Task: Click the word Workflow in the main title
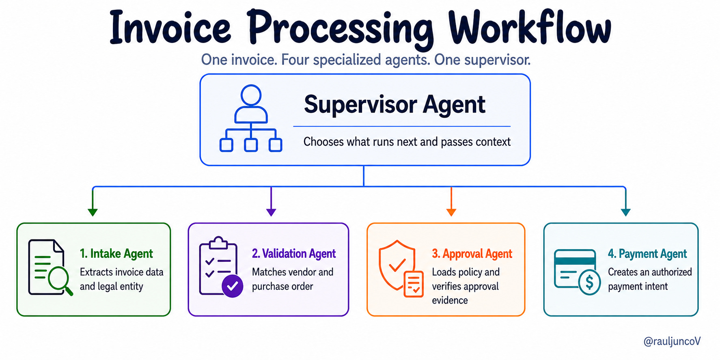530,27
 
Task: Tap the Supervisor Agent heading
394,105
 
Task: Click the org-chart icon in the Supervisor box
251,118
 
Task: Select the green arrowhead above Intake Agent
93,212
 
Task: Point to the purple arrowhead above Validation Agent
271,212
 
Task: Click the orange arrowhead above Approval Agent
451,212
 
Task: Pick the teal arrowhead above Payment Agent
626,212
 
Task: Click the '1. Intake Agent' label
116,254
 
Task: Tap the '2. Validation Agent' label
294,254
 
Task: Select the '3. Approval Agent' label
472,254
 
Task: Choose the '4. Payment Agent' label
647,254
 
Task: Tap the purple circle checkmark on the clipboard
233,286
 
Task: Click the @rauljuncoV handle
672,342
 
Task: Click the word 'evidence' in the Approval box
450,300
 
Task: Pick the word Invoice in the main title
170,27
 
